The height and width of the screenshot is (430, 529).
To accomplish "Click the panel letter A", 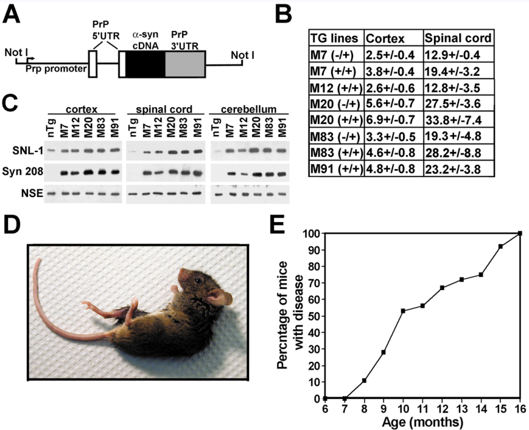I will [13, 15].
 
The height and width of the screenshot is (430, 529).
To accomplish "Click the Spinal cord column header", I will [458, 39].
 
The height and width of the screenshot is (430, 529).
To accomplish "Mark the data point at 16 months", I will [520, 233].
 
